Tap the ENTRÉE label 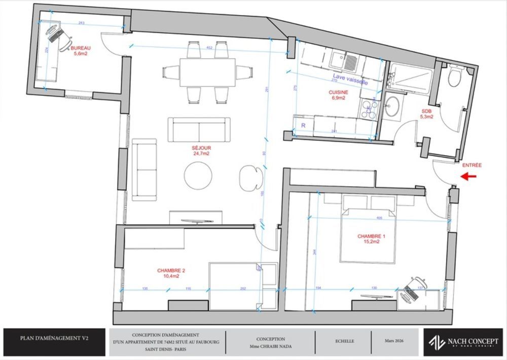[x=472, y=165]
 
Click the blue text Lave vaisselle [x=347, y=80]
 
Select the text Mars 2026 [x=394, y=341]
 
